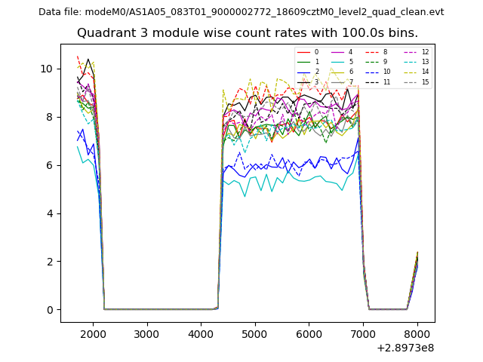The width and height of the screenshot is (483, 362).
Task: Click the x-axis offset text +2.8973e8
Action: pyautogui.click(x=405, y=348)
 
